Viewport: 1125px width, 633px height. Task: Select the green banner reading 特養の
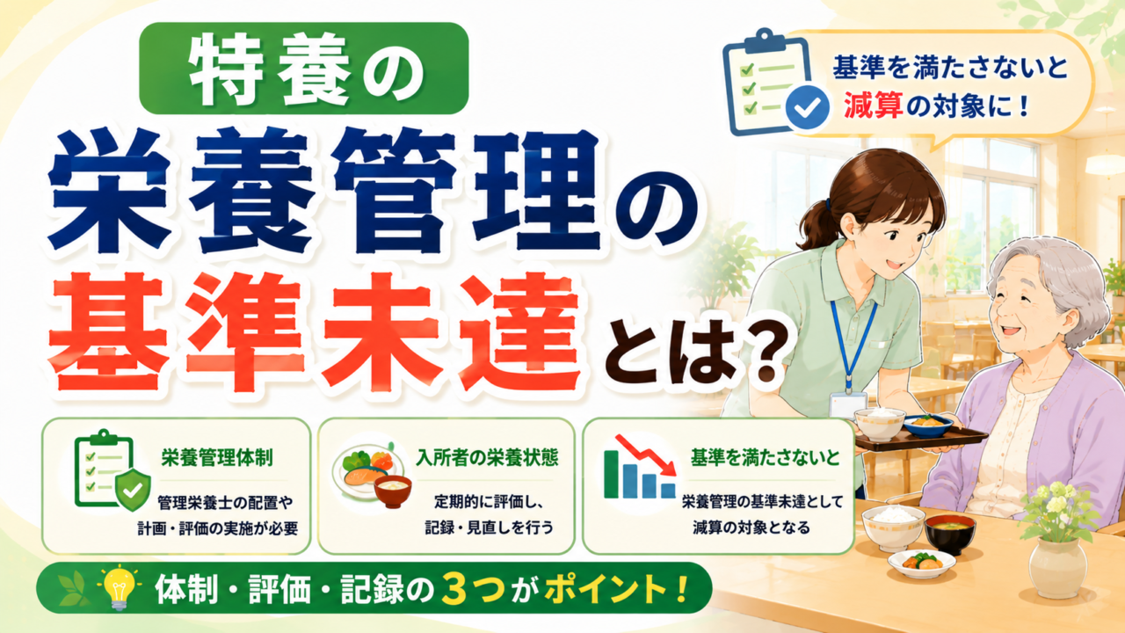pyautogui.click(x=304, y=69)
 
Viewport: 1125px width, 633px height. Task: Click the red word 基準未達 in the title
pyautogui.click(x=315, y=331)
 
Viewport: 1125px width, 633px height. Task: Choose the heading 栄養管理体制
pyautogui.click(x=217, y=458)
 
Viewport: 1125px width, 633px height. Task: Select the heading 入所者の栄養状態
pyautogui.click(x=487, y=458)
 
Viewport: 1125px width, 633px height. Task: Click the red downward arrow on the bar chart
pyautogui.click(x=647, y=455)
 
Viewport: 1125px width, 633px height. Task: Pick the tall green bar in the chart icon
pyautogui.click(x=611, y=474)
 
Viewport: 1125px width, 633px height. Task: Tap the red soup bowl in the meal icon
pyautogui.click(x=393, y=491)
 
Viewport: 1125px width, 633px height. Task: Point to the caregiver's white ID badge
pyautogui.click(x=848, y=405)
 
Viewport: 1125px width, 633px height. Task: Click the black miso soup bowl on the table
pyautogui.click(x=950, y=534)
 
